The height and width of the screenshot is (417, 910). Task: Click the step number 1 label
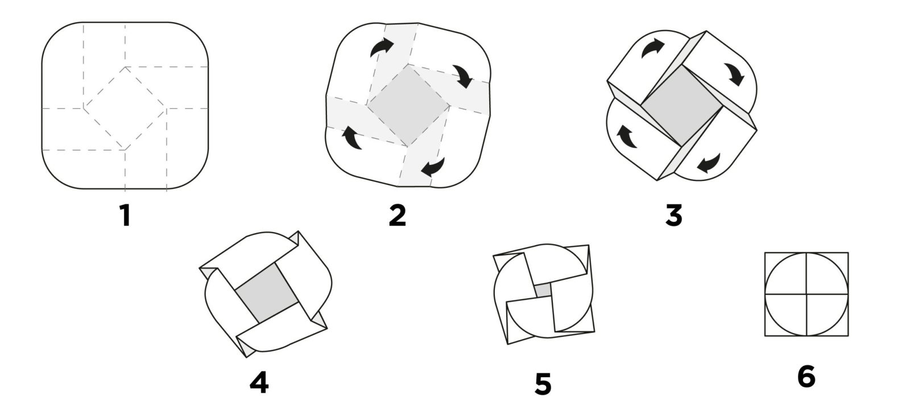125,216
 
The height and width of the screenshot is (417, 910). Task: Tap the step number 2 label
398,216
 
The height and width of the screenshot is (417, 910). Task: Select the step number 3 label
674,216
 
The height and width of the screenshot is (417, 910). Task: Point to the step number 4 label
259,382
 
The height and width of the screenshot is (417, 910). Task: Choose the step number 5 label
543,384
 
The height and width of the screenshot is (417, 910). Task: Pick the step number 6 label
806,377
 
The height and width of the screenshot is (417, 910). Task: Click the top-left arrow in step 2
381,47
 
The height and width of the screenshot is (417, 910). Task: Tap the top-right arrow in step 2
463,76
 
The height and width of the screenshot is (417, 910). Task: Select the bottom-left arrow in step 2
352,138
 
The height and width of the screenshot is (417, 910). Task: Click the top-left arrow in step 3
652,48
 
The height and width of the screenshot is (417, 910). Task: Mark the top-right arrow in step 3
734,75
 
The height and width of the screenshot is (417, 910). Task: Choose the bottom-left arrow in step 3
627,136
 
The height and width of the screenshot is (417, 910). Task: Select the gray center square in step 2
408,106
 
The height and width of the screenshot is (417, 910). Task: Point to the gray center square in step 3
682,106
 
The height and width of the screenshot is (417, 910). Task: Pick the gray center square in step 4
267,292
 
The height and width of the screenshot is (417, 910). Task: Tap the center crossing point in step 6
806,294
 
